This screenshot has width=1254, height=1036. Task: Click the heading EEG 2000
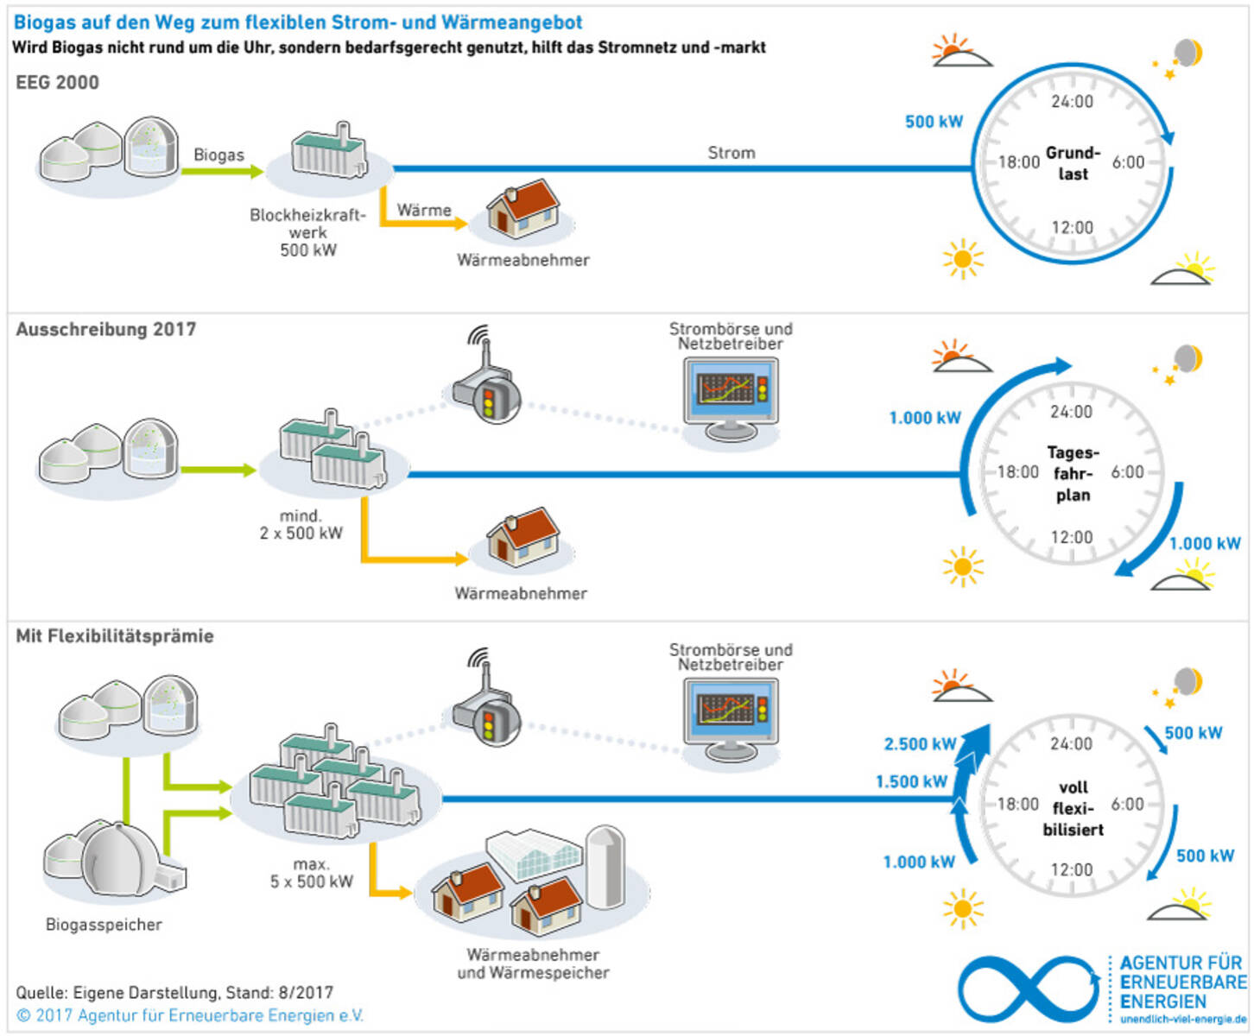tap(57, 83)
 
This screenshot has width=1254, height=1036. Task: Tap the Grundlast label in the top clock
tap(1073, 163)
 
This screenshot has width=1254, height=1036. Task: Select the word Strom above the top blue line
tap(731, 153)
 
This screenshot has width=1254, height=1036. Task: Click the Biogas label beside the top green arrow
tap(218, 155)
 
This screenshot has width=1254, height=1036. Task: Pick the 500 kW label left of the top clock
tap(934, 122)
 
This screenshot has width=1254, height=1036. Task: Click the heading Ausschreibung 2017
tap(105, 330)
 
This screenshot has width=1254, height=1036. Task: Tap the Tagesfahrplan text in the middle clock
tap(1073, 473)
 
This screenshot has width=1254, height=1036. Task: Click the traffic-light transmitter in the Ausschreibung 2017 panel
tap(489, 393)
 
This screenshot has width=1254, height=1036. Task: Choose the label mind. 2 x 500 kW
tap(301, 525)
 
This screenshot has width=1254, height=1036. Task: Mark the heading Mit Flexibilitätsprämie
tap(115, 636)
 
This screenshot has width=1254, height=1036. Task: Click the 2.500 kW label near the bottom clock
tap(920, 744)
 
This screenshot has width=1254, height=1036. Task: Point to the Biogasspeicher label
tap(104, 925)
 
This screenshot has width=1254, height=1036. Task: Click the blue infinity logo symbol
tap(1028, 989)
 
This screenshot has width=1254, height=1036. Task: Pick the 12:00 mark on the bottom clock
tap(1071, 870)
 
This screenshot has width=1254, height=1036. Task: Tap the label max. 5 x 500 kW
tap(311, 873)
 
